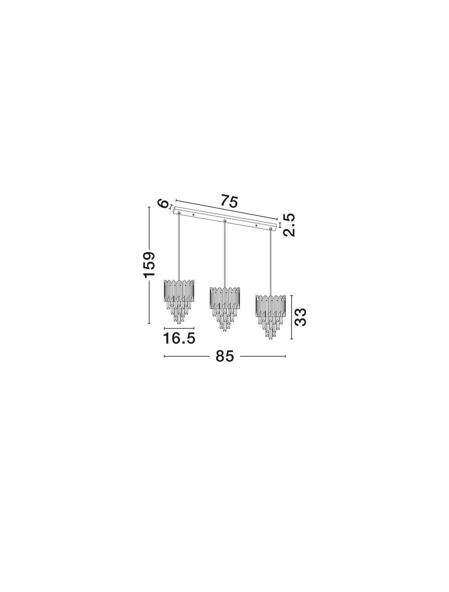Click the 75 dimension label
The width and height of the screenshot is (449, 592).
[x=229, y=201]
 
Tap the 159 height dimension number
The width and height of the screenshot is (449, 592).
[x=149, y=264]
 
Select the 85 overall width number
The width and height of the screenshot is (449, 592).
[x=224, y=356]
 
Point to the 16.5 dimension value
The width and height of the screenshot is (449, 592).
[x=179, y=338]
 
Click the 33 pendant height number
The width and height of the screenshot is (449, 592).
[x=300, y=317]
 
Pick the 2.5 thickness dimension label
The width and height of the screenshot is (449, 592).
[x=289, y=225]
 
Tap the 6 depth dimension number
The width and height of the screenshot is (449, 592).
[x=163, y=204]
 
